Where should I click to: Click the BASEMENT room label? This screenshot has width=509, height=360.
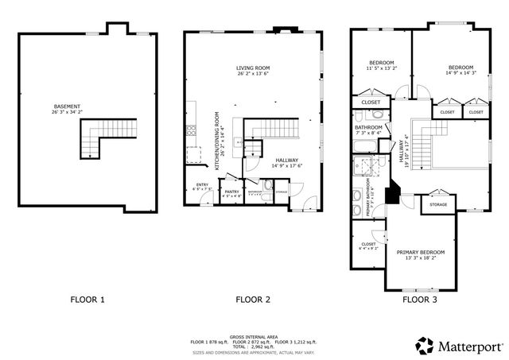(x=68, y=107)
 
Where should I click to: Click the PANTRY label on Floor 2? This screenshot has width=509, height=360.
(x=231, y=192)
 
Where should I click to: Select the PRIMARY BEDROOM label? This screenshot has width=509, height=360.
(x=420, y=254)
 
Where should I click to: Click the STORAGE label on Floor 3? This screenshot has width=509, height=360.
(x=437, y=204)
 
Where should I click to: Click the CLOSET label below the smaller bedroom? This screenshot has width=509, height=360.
(x=371, y=103)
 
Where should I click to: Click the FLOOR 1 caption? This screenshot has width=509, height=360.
(x=87, y=300)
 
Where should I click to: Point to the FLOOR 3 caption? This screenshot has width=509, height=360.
(x=420, y=300)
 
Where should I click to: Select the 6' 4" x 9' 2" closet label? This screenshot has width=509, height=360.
(x=368, y=246)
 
